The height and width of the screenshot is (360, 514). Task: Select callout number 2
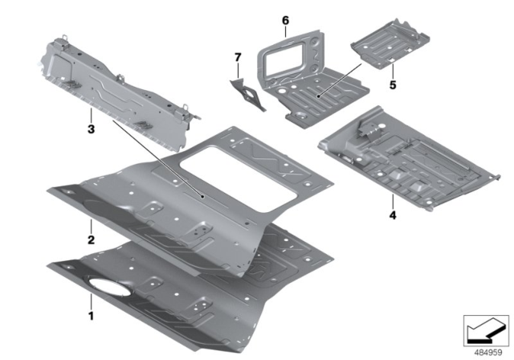[x=91, y=239]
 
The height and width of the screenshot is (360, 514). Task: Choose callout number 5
[x=393, y=83]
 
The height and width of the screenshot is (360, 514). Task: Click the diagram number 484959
[x=484, y=350]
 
